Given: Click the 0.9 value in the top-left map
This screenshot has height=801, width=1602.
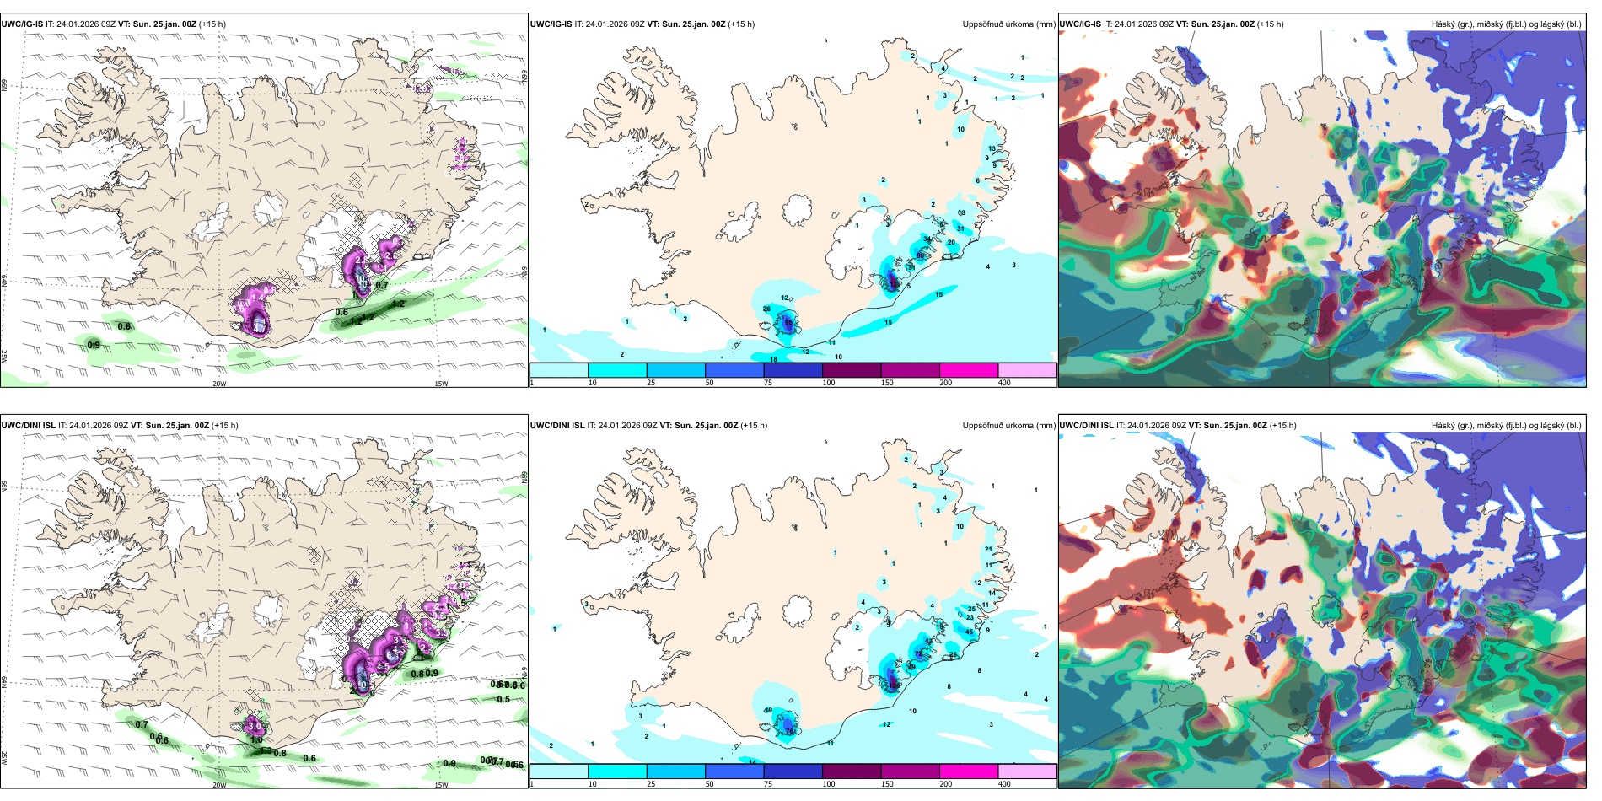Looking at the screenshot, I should [94, 345].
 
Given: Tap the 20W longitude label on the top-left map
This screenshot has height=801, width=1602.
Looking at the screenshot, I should [219, 384].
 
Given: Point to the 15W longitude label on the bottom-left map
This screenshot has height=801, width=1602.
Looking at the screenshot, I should [441, 785].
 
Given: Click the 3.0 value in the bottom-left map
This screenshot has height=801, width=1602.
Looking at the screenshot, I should [254, 725].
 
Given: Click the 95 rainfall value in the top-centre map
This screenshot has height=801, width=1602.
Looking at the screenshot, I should [789, 322].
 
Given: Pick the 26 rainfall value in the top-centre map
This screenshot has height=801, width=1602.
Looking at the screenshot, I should [766, 309].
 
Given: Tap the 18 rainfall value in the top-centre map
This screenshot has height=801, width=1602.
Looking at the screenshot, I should [773, 360].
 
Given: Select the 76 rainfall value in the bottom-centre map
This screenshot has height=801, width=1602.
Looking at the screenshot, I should [790, 731].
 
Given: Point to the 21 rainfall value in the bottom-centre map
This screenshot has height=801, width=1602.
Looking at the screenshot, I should [988, 549].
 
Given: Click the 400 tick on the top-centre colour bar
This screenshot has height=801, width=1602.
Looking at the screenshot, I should [1004, 383].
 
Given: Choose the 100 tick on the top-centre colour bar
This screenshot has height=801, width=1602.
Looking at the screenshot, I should [829, 383].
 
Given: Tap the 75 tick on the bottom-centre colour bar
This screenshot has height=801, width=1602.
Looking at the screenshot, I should [767, 784].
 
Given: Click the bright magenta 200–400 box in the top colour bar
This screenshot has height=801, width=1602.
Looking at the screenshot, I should [968, 370].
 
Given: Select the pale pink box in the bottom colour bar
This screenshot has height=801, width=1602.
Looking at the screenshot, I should [1027, 771].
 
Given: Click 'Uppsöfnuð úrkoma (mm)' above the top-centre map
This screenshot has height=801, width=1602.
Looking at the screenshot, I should [1008, 24].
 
